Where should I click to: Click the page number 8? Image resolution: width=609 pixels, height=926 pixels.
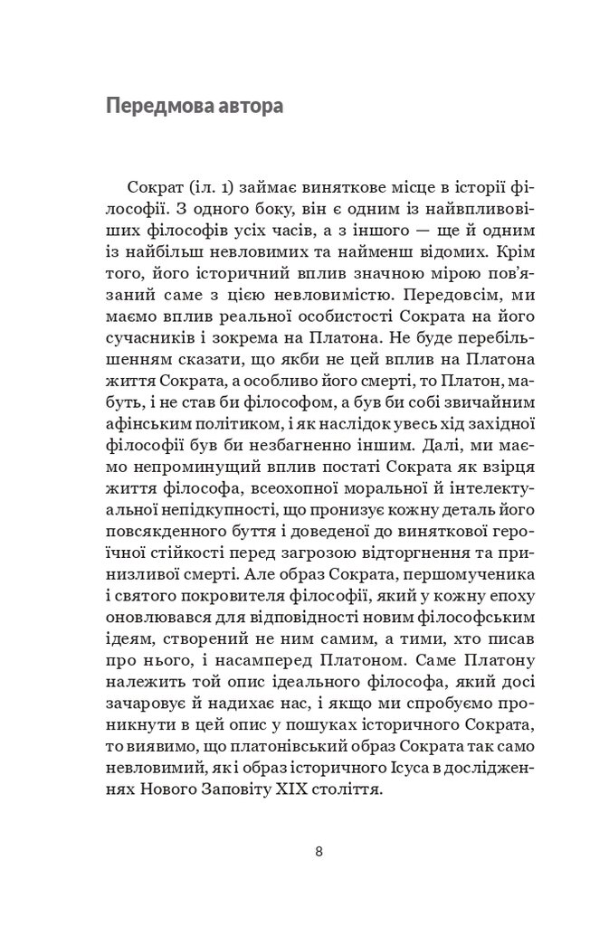click(319, 851)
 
